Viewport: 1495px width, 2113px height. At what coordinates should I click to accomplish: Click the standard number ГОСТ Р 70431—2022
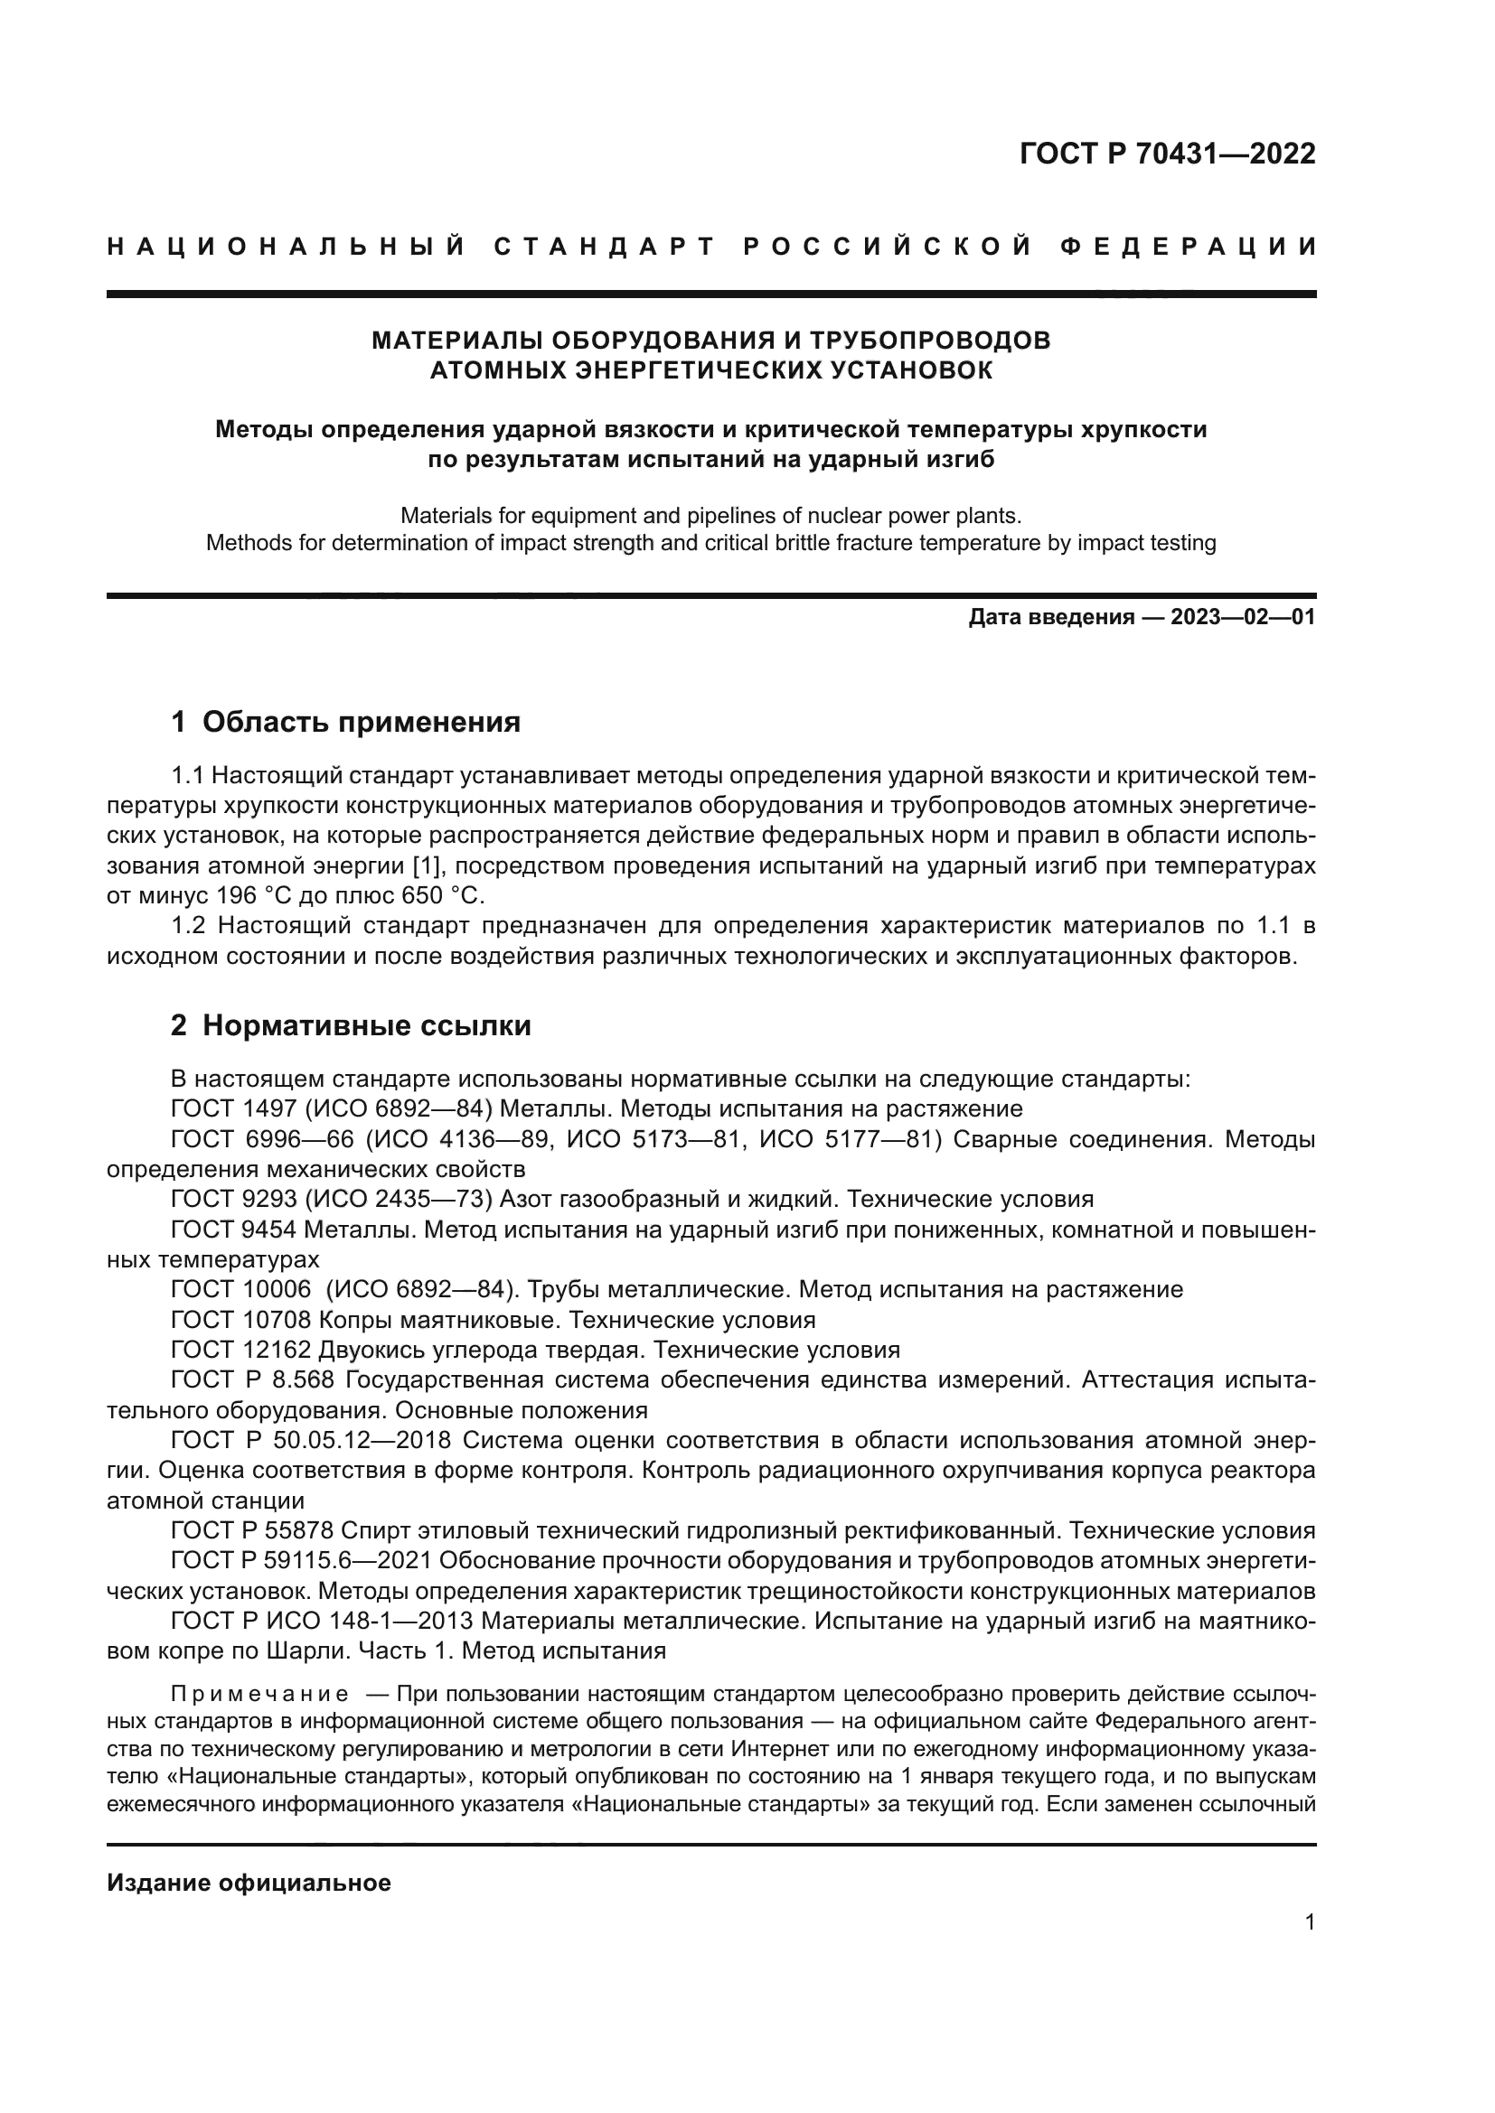pyautogui.click(x=1167, y=154)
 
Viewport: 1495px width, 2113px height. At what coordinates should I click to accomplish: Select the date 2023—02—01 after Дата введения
pyautogui.click(x=1243, y=618)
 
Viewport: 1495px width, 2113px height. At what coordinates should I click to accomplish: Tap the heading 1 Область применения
pyautogui.click(x=345, y=723)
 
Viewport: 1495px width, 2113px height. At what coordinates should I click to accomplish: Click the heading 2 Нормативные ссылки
pyautogui.click(x=351, y=1025)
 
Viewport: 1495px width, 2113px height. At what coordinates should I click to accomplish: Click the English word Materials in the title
pyautogui.click(x=447, y=515)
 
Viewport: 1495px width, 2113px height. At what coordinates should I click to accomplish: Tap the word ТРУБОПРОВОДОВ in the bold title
pyautogui.click(x=930, y=341)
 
